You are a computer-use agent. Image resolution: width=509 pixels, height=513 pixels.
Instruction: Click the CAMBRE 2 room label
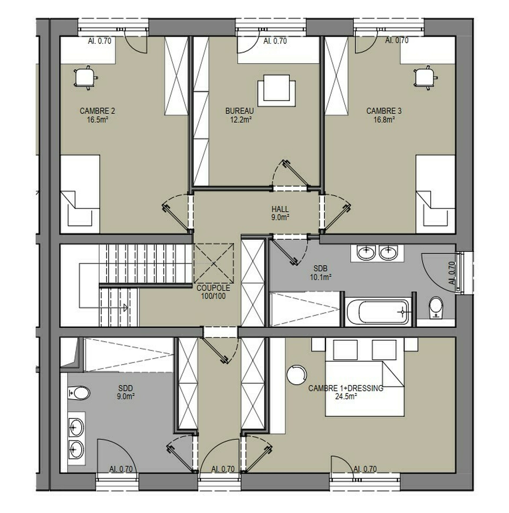pyautogui.click(x=97, y=115)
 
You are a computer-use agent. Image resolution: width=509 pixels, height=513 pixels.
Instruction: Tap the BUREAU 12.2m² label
pyautogui.click(x=240, y=115)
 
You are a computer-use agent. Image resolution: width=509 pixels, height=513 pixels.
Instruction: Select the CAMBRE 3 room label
pyautogui.click(x=384, y=115)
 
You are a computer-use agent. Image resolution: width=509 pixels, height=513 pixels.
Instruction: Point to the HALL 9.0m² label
pyautogui.click(x=280, y=213)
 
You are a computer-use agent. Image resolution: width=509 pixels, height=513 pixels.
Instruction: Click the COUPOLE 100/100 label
pyautogui.click(x=213, y=292)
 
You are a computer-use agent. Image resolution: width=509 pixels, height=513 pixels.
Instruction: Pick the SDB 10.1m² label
pyautogui.click(x=321, y=273)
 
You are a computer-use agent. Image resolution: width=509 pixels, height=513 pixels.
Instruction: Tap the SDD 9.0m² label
pyautogui.click(x=125, y=392)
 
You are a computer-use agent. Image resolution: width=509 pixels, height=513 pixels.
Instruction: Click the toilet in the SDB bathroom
pyautogui.click(x=436, y=307)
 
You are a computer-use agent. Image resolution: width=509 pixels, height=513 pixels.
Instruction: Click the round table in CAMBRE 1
pyautogui.click(x=297, y=375)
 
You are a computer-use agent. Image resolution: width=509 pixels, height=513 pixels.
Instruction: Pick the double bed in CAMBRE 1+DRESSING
pyautogui.click(x=365, y=388)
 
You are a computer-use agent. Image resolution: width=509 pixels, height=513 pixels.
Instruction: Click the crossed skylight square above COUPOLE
pyautogui.click(x=214, y=263)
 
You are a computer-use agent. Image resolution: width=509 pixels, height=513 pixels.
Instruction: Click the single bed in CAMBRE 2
pyautogui.click(x=80, y=194)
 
